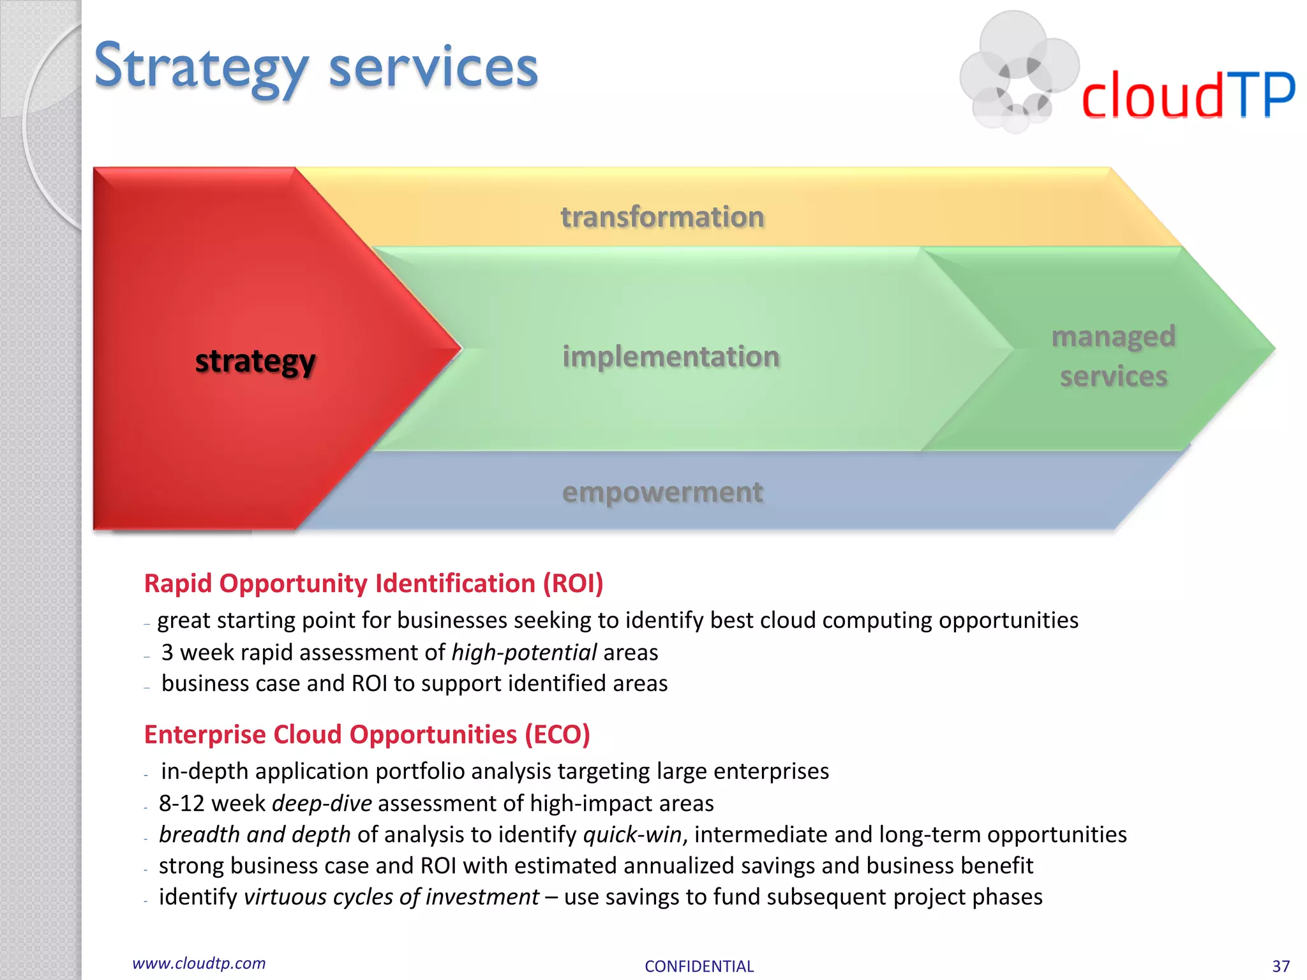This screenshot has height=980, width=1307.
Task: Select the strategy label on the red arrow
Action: point(255,361)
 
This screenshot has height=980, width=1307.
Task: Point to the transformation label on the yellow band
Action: point(662,217)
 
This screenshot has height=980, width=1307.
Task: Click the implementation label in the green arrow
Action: point(671,357)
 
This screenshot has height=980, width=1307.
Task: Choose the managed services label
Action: point(1114,356)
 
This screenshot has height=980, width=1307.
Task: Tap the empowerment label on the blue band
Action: point(662,493)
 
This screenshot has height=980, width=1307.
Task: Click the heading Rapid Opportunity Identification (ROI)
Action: point(373,584)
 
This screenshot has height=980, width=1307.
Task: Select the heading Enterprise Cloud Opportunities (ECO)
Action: point(367,735)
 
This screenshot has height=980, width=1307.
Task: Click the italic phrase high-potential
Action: point(524,653)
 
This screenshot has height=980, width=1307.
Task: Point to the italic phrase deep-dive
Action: point(322,803)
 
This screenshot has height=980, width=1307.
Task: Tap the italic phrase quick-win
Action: point(632,835)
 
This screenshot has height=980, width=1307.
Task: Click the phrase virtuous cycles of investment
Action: point(391,897)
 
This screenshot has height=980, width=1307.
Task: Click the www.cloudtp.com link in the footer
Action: point(198,963)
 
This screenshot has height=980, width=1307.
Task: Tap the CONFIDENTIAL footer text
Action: point(699,967)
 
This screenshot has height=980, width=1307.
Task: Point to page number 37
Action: point(1280,967)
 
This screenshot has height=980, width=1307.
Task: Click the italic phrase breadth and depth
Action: point(255,835)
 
